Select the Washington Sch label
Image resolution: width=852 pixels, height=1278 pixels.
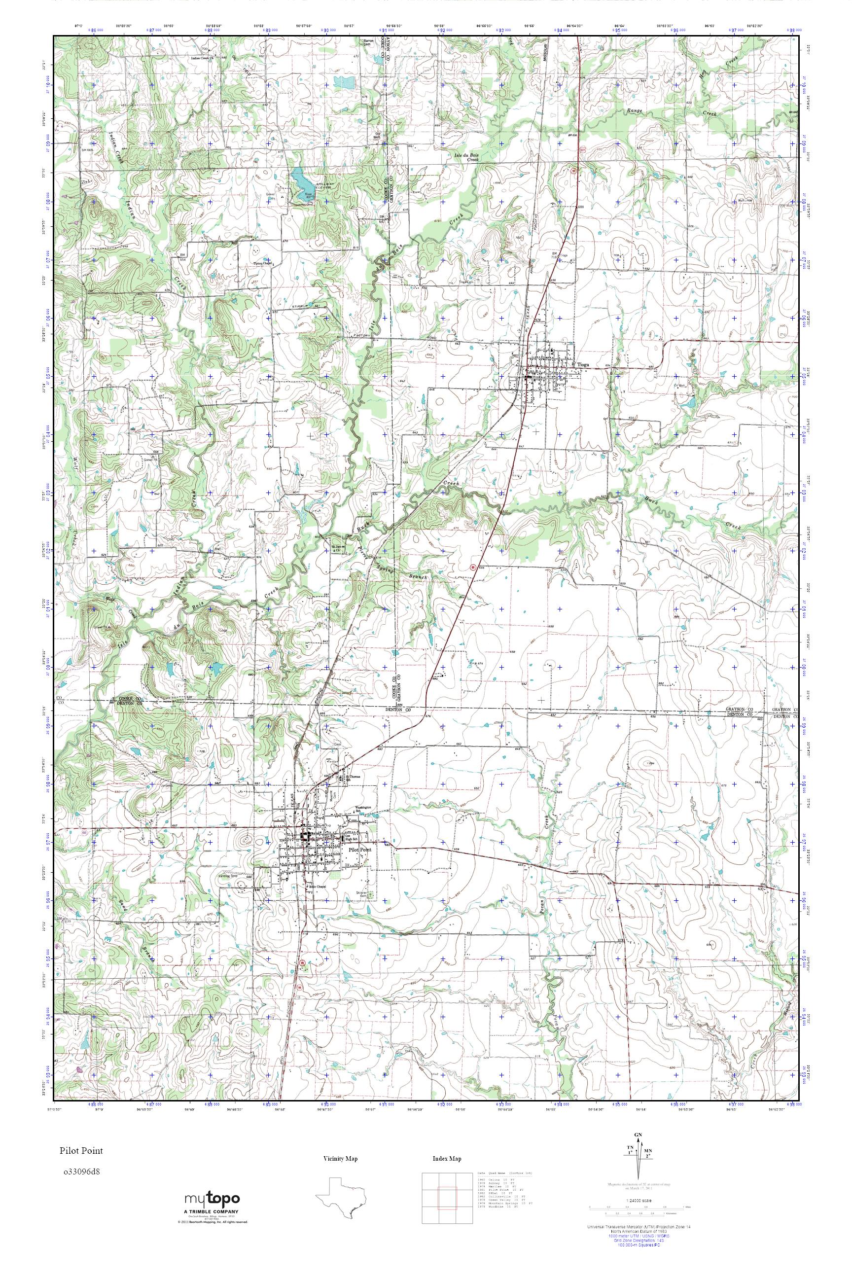point(364,808)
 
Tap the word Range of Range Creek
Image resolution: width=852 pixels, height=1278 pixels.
point(634,110)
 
